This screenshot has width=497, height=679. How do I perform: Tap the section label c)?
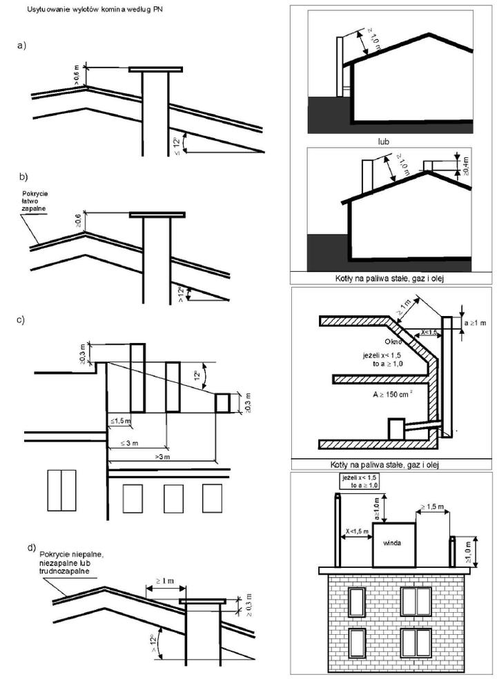pyautogui.click(x=21, y=319)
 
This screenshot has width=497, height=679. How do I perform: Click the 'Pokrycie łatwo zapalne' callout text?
pyautogui.click(x=32, y=201)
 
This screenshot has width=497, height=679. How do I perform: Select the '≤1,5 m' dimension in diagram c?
pyautogui.click(x=119, y=420)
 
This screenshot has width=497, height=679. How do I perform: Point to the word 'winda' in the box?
pyautogui.click(x=393, y=542)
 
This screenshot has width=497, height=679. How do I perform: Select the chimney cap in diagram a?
pyautogui.click(x=156, y=70)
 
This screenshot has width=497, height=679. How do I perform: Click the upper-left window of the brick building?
pyautogui.click(x=357, y=601)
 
